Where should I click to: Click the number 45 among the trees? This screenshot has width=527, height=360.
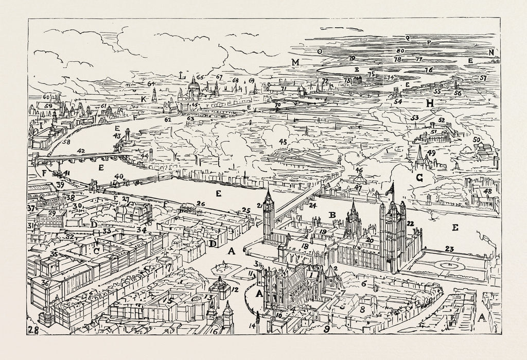(283, 141)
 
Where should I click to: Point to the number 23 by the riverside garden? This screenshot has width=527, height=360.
(449, 249)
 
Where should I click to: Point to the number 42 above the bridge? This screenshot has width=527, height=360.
(80, 150)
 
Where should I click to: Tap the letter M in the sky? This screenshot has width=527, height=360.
(295, 63)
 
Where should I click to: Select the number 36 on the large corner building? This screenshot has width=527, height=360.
(45, 283)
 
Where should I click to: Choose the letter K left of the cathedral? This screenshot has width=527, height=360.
(144, 99)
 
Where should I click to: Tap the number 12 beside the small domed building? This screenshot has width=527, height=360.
(235, 289)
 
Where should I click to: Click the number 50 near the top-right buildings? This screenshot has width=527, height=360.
(476, 140)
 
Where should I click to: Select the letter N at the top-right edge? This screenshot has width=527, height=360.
(491, 52)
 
